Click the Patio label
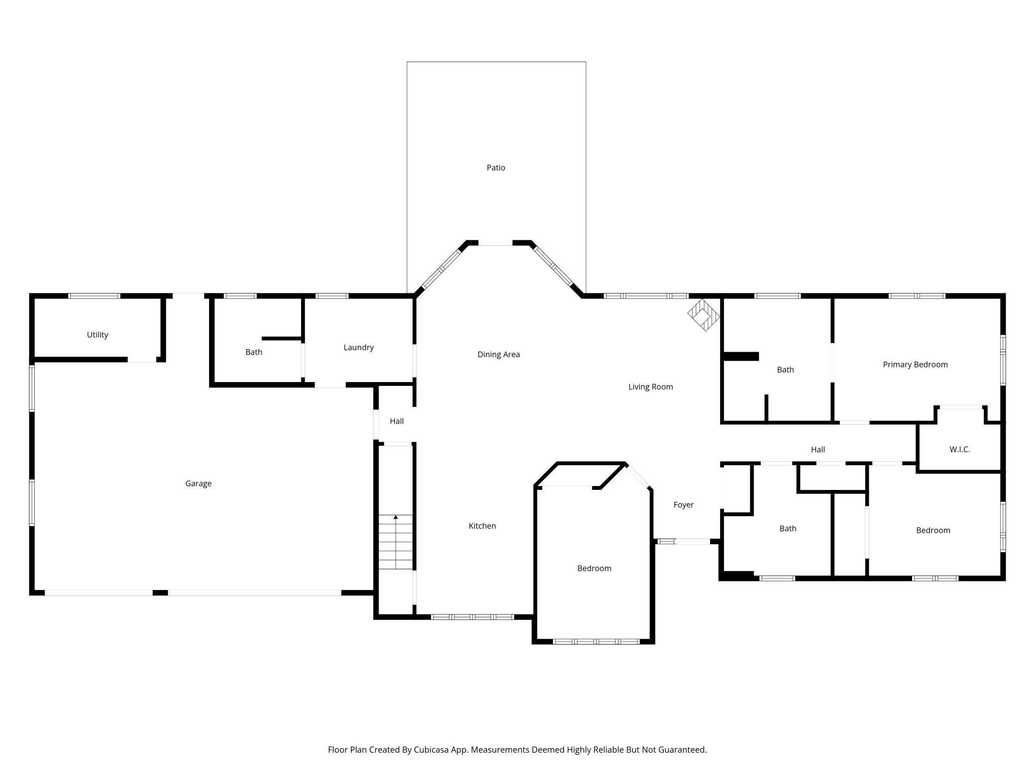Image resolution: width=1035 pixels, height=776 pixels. (x=496, y=168)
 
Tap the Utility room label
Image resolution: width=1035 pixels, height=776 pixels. (x=98, y=335)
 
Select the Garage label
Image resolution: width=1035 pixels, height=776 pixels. (x=199, y=484)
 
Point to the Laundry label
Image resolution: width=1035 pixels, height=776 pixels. (x=358, y=347)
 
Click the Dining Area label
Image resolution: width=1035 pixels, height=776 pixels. (x=499, y=354)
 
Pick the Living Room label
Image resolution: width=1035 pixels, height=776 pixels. (x=650, y=387)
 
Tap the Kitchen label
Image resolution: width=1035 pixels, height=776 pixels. (x=482, y=526)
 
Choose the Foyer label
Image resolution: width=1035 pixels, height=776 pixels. (x=683, y=505)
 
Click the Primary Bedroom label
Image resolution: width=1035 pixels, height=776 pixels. (x=915, y=365)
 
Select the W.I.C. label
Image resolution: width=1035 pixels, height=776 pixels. (x=959, y=449)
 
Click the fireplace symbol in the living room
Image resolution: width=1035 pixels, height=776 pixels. (x=704, y=315)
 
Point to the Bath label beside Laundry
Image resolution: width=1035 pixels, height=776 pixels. (x=254, y=352)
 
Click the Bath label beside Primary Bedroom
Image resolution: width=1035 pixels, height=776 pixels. (x=785, y=370)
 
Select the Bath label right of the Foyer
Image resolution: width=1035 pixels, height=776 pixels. (x=788, y=528)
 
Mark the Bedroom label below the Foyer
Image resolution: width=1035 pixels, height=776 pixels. (x=594, y=568)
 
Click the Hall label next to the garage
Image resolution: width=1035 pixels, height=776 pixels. (x=397, y=421)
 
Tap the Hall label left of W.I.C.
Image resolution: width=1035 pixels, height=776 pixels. (x=818, y=450)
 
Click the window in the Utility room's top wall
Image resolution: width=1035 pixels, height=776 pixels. (x=94, y=296)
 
